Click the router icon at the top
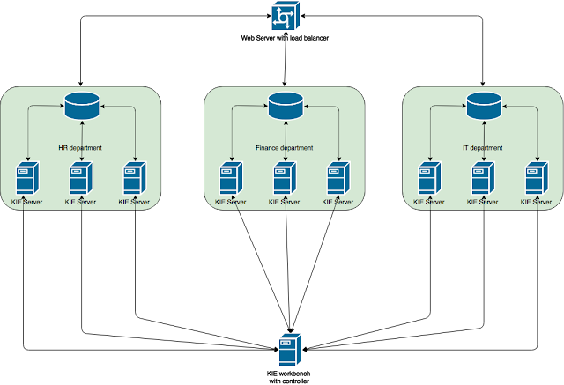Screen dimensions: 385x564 tap(285, 17)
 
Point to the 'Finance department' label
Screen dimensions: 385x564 tap(285, 147)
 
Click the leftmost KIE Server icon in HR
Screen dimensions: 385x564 tap(26, 179)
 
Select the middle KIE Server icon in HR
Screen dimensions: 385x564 tap(81, 179)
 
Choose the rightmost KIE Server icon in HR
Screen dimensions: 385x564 tap(134, 179)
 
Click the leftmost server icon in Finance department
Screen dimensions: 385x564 tap(230, 179)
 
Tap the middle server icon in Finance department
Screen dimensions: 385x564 tap(284, 179)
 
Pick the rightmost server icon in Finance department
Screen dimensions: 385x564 tap(338, 179)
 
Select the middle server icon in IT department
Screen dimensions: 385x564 tap(480, 179)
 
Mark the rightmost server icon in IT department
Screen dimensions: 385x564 tap(535, 179)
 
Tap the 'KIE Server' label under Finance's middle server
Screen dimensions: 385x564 tap(284, 203)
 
